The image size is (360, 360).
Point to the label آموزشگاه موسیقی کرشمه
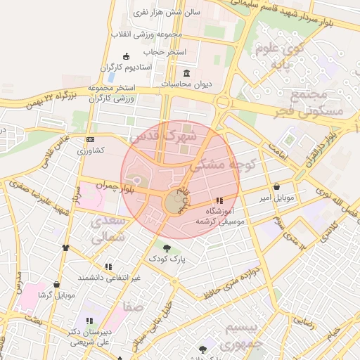(223, 216)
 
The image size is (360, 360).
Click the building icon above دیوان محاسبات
(186, 74)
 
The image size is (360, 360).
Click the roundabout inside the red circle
(174, 203)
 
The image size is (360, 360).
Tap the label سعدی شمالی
(108, 229)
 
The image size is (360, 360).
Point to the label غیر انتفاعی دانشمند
(109, 278)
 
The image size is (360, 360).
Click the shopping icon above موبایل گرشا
(56, 285)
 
